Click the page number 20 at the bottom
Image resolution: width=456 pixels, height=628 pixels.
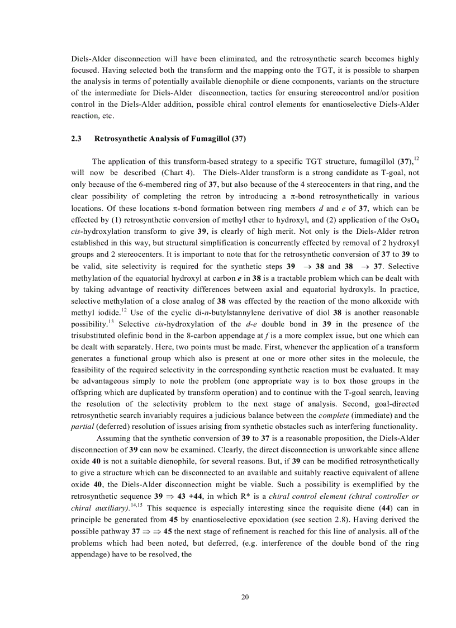point(245,597)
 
